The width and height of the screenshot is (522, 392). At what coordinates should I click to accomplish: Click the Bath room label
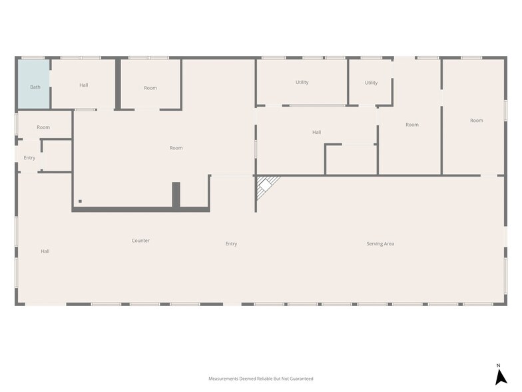35,87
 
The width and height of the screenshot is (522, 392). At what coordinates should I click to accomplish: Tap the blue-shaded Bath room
33,84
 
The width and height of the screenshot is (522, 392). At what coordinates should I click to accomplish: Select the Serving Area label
380,244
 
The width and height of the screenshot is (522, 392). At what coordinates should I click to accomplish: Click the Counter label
140,240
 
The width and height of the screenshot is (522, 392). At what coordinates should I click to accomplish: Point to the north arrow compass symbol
501,376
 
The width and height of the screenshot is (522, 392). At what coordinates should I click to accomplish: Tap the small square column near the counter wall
80,201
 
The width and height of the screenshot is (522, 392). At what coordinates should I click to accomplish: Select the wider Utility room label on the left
302,83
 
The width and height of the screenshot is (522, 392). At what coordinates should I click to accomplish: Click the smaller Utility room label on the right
371,83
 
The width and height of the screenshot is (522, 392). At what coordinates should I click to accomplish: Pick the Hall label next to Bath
84,85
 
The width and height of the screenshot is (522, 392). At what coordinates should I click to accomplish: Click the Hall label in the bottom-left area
45,251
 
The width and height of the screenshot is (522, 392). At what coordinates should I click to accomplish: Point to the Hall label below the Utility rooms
317,132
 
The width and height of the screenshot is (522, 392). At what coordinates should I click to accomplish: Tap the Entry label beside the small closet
29,157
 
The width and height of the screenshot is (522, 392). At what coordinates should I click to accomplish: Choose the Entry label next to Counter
231,244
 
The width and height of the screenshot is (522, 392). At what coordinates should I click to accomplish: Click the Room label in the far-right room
477,120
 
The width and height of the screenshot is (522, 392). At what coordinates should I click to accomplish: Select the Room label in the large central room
176,148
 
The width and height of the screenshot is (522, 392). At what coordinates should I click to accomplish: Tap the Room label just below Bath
43,127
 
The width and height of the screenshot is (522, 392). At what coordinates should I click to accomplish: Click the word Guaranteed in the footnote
302,379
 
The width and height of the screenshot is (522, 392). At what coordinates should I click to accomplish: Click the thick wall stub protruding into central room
176,195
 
